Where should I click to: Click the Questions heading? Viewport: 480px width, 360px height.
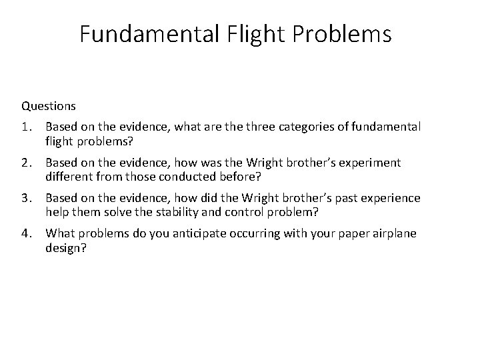[49, 105]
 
